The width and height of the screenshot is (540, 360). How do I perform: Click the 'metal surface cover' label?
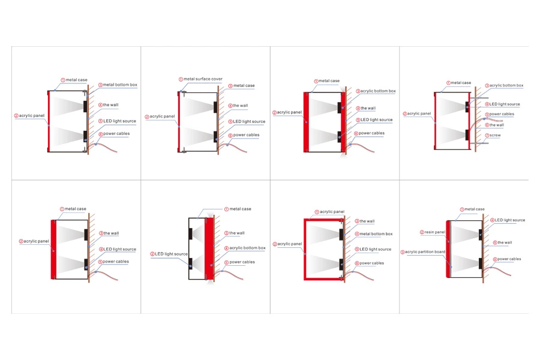click(203, 79)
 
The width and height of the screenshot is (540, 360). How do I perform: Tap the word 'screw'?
click(495, 136)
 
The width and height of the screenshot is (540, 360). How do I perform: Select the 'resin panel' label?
click(434, 232)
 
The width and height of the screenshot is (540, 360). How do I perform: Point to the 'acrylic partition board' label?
click(425, 252)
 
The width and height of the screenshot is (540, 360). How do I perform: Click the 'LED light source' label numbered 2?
click(171, 254)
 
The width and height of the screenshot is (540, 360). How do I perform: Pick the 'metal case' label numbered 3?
click(244, 85)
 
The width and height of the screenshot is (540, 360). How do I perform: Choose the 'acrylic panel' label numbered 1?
click(332, 212)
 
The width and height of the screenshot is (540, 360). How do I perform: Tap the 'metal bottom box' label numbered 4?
click(376, 233)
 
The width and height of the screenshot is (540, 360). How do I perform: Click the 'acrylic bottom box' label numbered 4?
click(247, 248)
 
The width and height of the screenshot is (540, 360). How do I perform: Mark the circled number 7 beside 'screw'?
click(487, 136)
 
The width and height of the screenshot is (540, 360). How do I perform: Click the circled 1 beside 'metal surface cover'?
click(181, 79)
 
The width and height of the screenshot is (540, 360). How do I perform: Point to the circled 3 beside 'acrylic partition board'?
click(403, 252)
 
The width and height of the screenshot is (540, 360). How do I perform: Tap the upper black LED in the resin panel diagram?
click(481, 235)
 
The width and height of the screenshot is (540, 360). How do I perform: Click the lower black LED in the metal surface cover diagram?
click(215, 137)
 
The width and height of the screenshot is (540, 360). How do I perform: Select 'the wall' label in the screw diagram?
click(497, 125)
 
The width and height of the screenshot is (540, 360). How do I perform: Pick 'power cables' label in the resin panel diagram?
click(509, 259)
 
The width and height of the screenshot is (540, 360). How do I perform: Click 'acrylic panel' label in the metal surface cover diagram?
click(162, 116)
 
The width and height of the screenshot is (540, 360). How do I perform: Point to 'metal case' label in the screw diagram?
click(461, 83)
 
